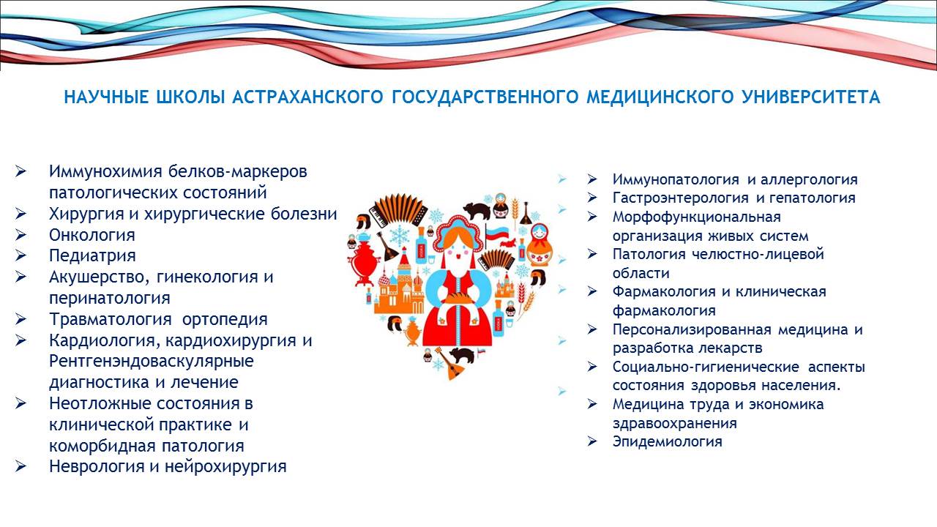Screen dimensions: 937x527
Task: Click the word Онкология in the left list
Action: [x=92, y=235]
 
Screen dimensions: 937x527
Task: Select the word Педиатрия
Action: [x=92, y=256]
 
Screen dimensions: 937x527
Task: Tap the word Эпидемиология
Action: [x=668, y=441]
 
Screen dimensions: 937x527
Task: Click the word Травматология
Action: [x=111, y=320]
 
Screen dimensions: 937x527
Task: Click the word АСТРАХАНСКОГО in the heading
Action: [x=307, y=97]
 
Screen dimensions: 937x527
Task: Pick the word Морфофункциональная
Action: [x=697, y=217]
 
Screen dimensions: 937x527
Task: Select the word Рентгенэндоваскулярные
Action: [x=152, y=361]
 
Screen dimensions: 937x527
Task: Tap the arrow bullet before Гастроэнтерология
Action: [x=592, y=198]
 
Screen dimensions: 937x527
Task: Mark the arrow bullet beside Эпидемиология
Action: [x=592, y=441]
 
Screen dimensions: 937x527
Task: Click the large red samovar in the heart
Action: [x=365, y=261]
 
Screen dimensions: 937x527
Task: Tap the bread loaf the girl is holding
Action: [x=458, y=297]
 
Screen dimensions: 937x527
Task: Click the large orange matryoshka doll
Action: [x=540, y=245]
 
